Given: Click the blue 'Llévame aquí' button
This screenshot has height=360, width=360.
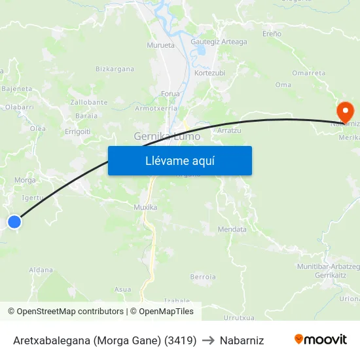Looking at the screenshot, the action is point(179,160).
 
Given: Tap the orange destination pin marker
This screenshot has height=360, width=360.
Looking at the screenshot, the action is point(344,109).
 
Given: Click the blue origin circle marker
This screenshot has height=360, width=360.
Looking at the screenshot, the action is point(14,222).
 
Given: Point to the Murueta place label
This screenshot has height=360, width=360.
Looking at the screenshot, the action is point(161,45).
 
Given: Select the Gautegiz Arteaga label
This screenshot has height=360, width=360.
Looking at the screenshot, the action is point(219,42).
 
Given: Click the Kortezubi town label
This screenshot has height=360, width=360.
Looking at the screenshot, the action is point(209,73).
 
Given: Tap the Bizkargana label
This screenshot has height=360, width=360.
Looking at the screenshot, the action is point(115,69).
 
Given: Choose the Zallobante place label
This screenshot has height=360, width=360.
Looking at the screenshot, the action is point(89,102).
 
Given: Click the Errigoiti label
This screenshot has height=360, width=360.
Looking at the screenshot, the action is point(78,131).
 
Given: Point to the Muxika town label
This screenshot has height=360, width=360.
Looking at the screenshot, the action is point(145,207).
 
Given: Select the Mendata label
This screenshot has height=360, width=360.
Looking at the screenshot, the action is point(232,230).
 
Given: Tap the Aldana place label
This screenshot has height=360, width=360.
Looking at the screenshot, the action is point(41,270).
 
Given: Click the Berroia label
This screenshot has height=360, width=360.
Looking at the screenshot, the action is point(203,277).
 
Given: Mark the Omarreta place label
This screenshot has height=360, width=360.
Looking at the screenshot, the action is point(308,73).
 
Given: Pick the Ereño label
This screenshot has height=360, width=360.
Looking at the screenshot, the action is point(272,33).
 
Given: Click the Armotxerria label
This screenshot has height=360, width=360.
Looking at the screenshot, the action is point(153,109).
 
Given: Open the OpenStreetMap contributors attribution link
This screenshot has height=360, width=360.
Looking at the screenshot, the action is point(70,312).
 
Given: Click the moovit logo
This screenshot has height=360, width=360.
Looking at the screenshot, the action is point(321,340).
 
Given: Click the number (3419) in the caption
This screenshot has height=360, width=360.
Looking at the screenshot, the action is point(180,340).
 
